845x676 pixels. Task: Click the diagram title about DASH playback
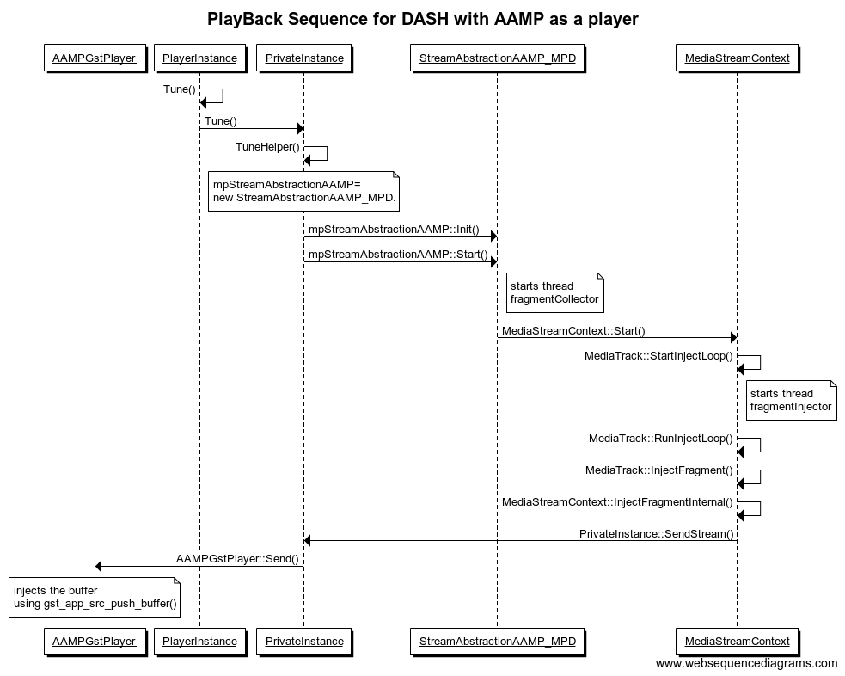click(422, 18)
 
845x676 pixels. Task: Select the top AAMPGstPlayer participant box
click(95, 58)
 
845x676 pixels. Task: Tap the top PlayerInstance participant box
click(199, 58)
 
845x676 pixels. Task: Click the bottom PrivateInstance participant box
click(304, 641)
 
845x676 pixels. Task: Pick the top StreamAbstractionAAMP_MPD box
click(497, 58)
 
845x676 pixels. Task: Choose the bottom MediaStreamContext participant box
click(737, 641)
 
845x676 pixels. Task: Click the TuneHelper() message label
click(267, 147)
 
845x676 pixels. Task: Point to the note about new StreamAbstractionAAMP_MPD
click(304, 191)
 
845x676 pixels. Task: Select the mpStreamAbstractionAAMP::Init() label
click(394, 230)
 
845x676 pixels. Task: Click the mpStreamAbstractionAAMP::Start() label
click(398, 255)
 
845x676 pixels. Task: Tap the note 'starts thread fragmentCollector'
click(554, 292)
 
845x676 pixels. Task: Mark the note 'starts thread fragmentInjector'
click(791, 400)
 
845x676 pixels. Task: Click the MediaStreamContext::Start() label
click(573, 331)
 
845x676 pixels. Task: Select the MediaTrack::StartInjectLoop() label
click(658, 356)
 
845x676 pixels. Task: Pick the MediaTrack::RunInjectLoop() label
click(660, 439)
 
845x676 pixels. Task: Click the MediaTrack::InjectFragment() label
click(658, 470)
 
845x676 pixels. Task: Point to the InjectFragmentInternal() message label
click(617, 502)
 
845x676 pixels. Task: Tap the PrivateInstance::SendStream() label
click(656, 534)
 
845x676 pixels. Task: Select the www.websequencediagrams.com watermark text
click(745, 663)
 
